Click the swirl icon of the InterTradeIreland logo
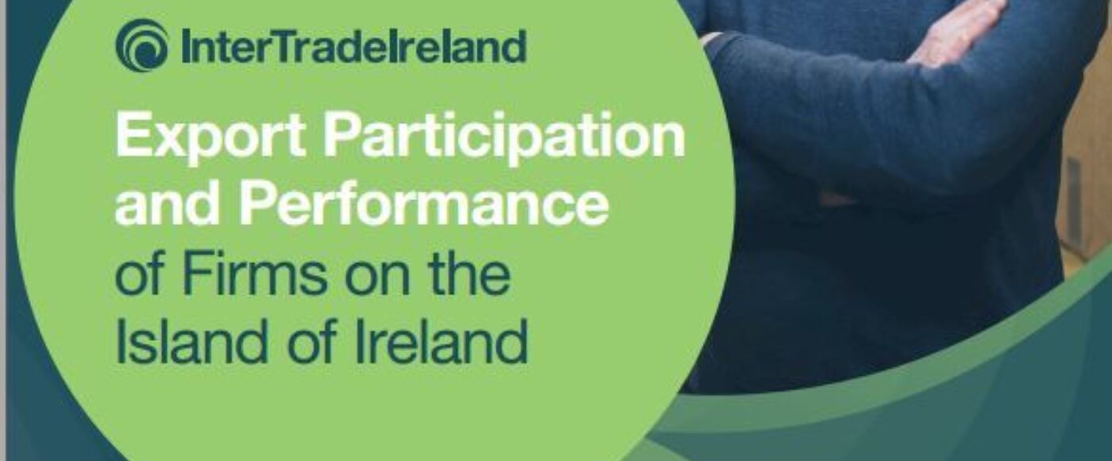pos(141,45)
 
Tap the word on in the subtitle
pos(382,277)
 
